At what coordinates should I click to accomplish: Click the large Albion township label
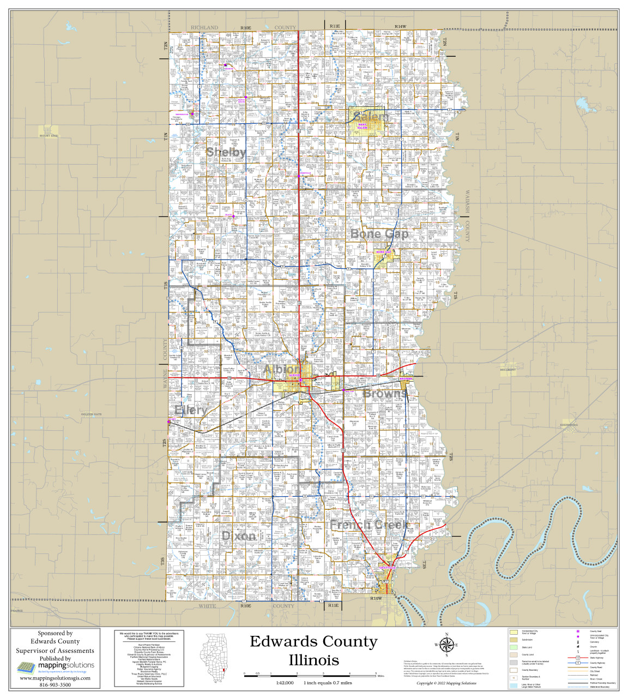click(281, 370)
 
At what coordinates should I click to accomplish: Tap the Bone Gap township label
click(379, 234)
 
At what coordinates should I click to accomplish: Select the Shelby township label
click(226, 152)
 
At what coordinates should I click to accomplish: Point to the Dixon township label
click(239, 536)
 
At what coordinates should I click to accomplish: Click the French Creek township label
click(369, 525)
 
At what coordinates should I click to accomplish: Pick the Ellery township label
click(191, 410)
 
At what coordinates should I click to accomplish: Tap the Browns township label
click(385, 393)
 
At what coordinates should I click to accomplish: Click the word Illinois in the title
click(313, 660)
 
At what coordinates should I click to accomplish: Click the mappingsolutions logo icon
click(27, 667)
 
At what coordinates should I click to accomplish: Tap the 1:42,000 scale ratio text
click(285, 683)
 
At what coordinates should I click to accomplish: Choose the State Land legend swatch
click(513, 647)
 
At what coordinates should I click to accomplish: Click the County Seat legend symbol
click(577, 631)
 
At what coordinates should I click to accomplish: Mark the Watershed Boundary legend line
click(577, 687)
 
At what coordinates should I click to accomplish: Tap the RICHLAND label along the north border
click(204, 27)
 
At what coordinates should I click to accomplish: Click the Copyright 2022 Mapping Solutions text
click(446, 683)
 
